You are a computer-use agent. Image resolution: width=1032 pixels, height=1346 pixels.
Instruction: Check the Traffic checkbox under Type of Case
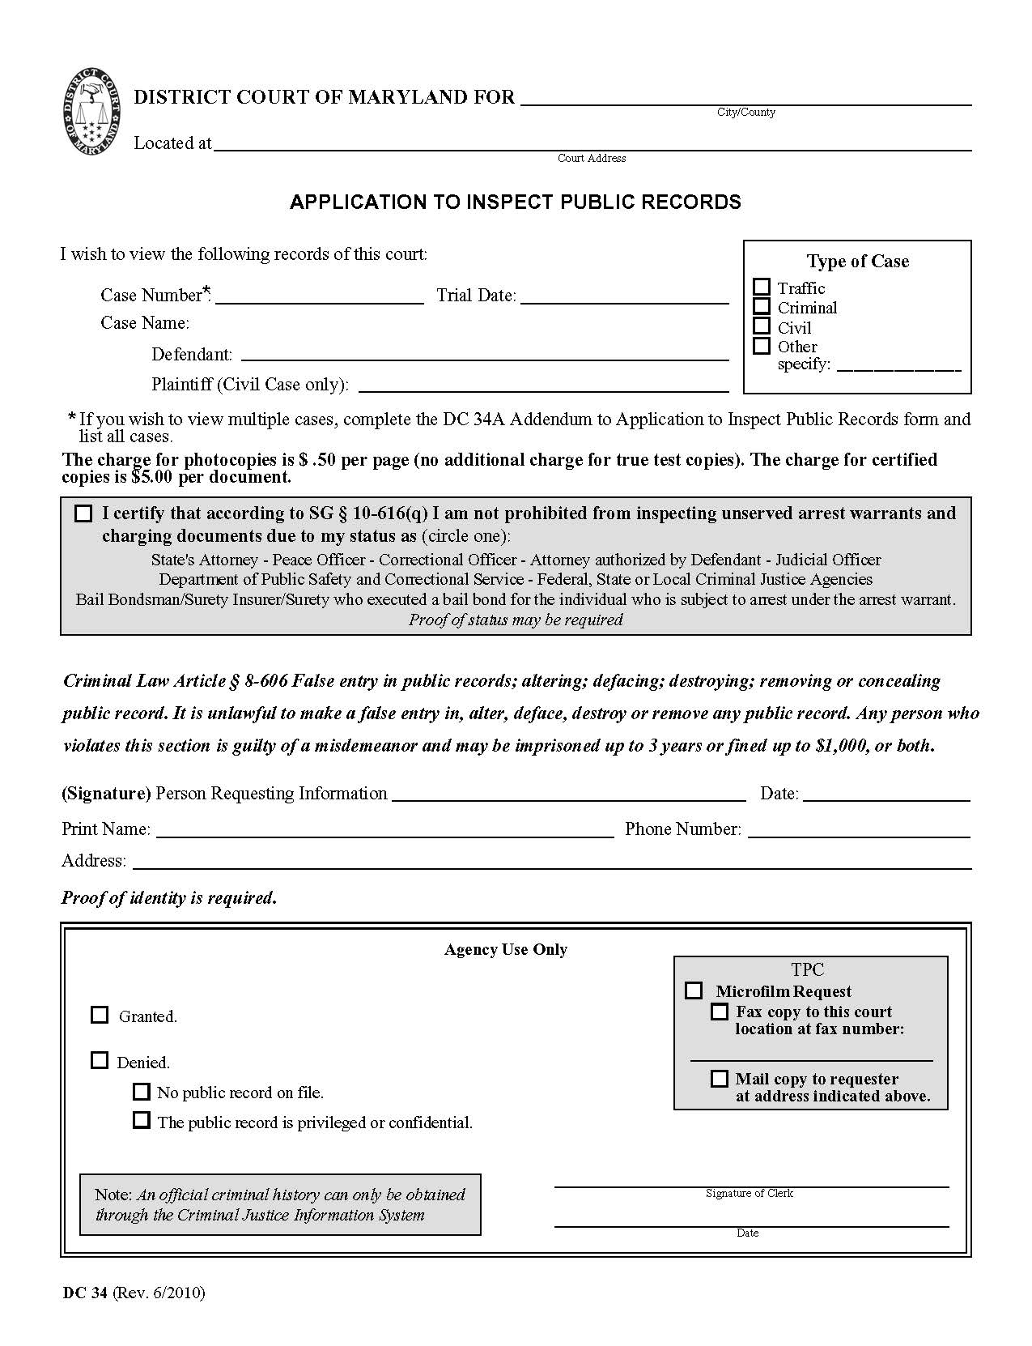(762, 287)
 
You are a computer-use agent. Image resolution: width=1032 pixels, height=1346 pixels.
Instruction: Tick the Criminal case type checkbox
(762, 306)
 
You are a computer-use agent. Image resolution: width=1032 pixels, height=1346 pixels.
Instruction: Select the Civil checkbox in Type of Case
(762, 326)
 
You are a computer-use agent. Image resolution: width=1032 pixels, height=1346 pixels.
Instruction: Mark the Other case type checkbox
(762, 346)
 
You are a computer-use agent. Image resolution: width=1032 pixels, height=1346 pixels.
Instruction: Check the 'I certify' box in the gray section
(83, 513)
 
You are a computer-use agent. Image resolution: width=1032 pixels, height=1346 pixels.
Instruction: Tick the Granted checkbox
(100, 1015)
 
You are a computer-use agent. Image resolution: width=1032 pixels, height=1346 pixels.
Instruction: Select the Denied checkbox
(100, 1060)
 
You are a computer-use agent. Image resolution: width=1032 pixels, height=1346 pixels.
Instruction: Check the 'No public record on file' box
(142, 1092)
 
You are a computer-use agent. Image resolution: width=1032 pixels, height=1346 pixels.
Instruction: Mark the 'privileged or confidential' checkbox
(142, 1121)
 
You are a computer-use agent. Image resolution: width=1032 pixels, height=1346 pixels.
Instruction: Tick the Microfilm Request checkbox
(694, 990)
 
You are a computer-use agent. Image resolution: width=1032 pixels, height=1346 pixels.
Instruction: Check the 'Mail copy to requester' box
(719, 1079)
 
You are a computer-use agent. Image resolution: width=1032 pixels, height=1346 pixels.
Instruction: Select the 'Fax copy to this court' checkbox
(719, 1012)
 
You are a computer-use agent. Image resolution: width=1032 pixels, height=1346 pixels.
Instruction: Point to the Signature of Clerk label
(750, 1193)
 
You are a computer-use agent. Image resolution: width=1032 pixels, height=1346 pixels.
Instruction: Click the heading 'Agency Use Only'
(506, 949)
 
